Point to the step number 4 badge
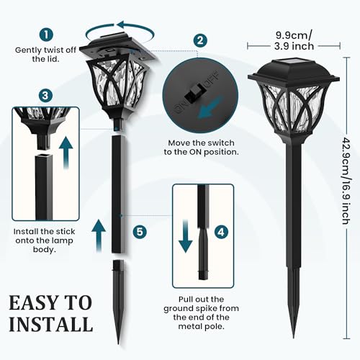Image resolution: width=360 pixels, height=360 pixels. pos(222,233)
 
